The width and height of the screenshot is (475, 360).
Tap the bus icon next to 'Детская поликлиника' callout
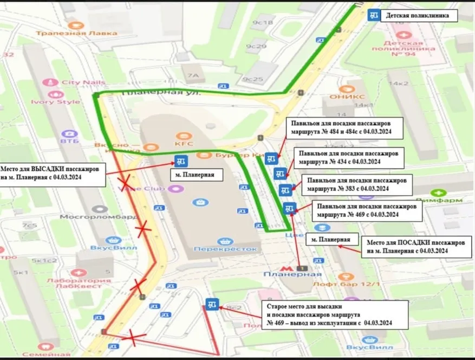373,15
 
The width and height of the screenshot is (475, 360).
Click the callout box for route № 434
348,157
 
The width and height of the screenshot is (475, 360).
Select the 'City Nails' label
82,82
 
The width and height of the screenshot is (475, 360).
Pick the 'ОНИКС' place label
339,98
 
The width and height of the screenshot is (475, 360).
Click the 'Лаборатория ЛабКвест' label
79,284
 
